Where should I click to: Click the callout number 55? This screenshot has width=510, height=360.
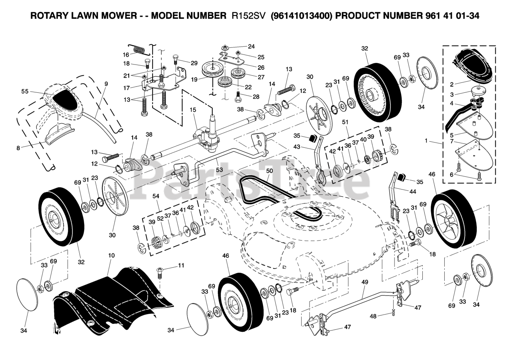pos(25,92)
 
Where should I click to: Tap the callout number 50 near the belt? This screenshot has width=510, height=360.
pos(270,171)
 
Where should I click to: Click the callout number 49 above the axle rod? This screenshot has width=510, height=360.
pos(365,282)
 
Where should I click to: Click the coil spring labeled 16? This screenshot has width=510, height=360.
pos(139,50)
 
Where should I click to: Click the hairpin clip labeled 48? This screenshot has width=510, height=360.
pos(393,313)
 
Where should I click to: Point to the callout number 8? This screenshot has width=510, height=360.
pos(18,148)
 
